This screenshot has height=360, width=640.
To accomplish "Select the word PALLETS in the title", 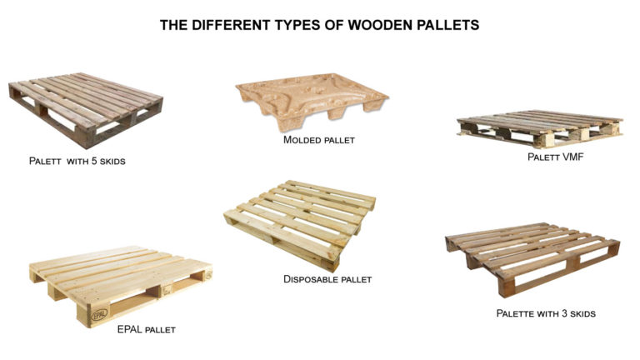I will pos(447,25).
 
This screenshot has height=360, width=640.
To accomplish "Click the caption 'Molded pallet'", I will pos(319,140).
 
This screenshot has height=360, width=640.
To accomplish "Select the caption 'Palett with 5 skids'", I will pos(75,160).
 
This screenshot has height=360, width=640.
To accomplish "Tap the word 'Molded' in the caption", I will pos(302,140).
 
